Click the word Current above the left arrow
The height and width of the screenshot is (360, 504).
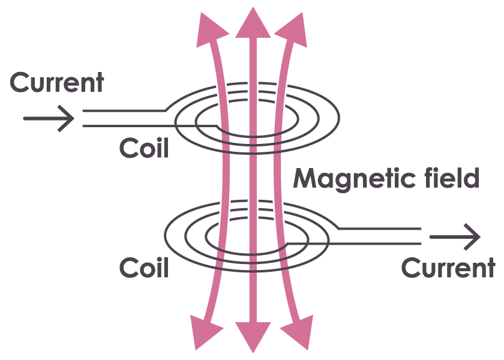pos(58,83)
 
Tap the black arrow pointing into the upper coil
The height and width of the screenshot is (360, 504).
pos(48,118)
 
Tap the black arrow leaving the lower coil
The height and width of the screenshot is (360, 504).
pos(455,238)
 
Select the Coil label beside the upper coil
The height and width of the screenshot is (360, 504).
pos(143,148)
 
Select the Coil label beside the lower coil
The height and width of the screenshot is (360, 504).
pos(144,268)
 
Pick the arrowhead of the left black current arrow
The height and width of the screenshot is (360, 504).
pos(67,118)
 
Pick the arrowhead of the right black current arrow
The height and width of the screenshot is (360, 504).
pos(473,238)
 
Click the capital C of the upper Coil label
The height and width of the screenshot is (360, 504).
pos(127,148)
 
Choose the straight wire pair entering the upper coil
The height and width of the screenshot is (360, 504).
pos(123,119)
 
